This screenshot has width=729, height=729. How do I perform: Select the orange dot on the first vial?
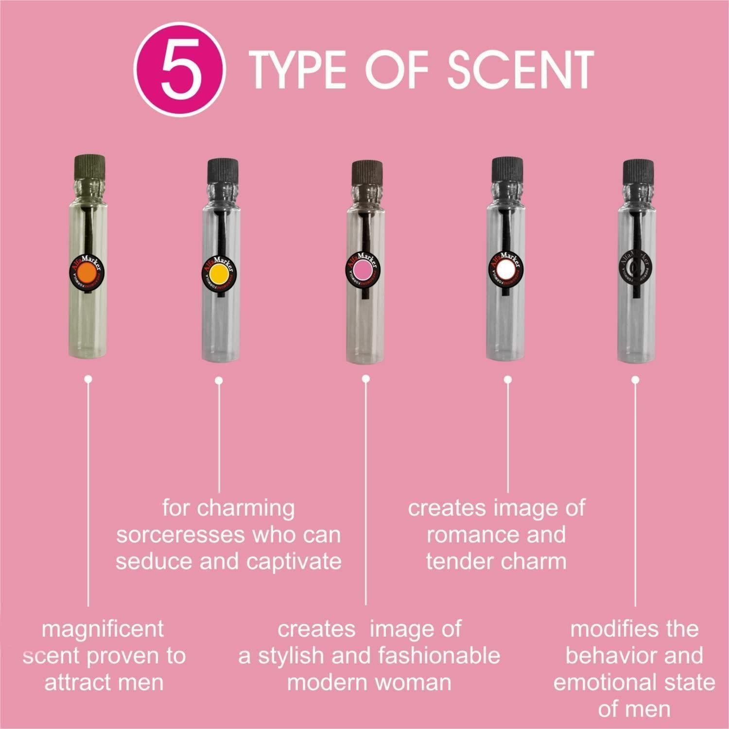tap(86, 272)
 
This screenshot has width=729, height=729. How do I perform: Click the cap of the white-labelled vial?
tap(506, 170)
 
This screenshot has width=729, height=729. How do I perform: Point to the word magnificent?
tap(103, 629)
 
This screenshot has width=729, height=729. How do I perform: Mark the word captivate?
tap(294, 561)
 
